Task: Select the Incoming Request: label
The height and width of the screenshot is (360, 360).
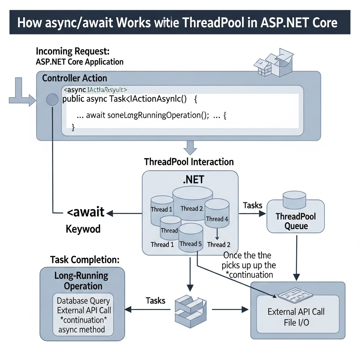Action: pos(73,51)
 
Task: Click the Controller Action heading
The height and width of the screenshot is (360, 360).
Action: pos(75,78)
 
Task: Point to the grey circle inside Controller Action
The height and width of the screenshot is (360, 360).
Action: pos(52,100)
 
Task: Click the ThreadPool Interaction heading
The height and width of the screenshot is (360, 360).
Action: pos(189,162)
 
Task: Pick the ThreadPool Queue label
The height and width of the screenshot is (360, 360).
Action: pos(296,221)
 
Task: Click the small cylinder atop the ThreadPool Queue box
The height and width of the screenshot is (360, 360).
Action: pos(295,199)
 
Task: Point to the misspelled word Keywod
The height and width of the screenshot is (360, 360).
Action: pos(83,229)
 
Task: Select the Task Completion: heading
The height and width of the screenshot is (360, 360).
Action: pos(84,260)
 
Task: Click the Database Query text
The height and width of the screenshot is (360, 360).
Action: pos(83,301)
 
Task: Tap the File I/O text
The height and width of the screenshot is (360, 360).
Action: pos(296,322)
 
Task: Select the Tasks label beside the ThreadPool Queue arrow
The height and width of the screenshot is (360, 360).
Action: pos(252,205)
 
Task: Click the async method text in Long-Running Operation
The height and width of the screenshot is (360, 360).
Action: pos(82,329)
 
